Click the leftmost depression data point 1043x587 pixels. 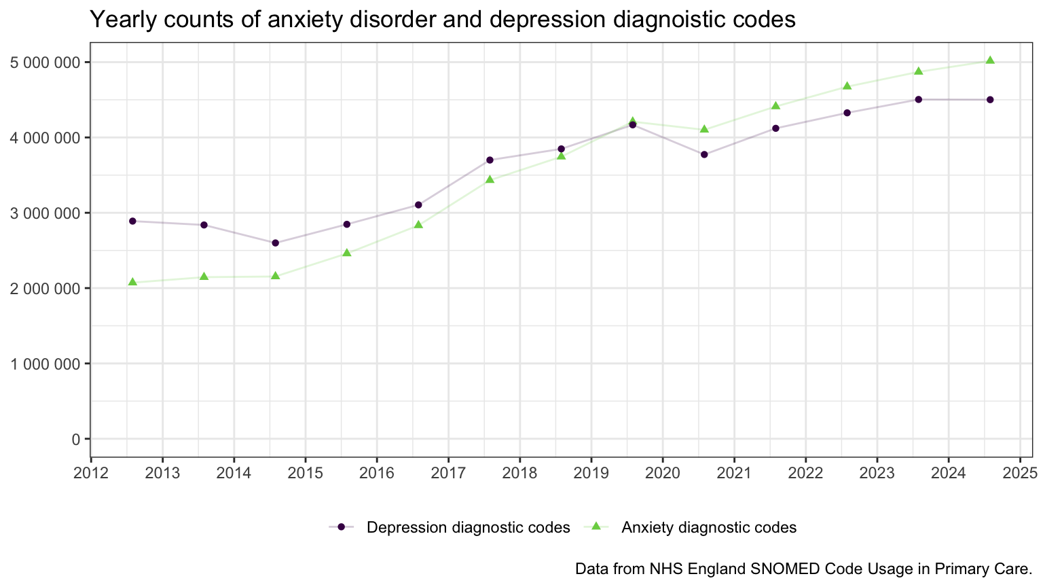[132, 221]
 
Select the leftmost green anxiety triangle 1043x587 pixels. [132, 282]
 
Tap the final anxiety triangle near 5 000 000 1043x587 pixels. [990, 60]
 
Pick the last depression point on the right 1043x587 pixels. [990, 100]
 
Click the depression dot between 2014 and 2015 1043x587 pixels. [275, 243]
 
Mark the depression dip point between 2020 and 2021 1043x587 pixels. [704, 155]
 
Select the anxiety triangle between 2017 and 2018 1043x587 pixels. [490, 179]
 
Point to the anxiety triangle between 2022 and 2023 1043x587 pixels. [847, 86]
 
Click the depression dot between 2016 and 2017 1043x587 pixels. [418, 204]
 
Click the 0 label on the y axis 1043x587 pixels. [75, 440]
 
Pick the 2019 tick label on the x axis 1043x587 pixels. [591, 473]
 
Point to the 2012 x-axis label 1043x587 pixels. [90, 473]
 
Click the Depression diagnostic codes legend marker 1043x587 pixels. [342, 527]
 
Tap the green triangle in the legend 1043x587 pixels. [596, 527]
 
